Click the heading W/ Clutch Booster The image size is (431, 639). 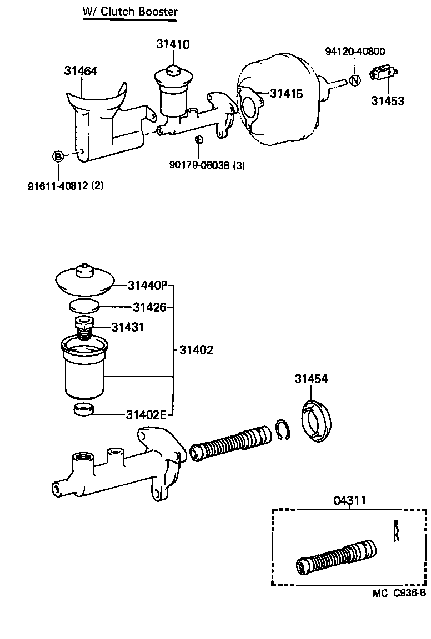[130, 12]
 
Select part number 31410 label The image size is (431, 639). [173, 44]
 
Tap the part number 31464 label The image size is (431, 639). [81, 71]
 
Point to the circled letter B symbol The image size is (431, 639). [58, 156]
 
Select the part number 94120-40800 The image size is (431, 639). [355, 52]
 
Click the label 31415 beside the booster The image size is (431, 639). [287, 94]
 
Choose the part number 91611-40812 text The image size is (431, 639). [66, 186]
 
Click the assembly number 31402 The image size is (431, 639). [196, 351]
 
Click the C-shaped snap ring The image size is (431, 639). [283, 430]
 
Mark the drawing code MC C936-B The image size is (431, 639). [399, 593]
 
